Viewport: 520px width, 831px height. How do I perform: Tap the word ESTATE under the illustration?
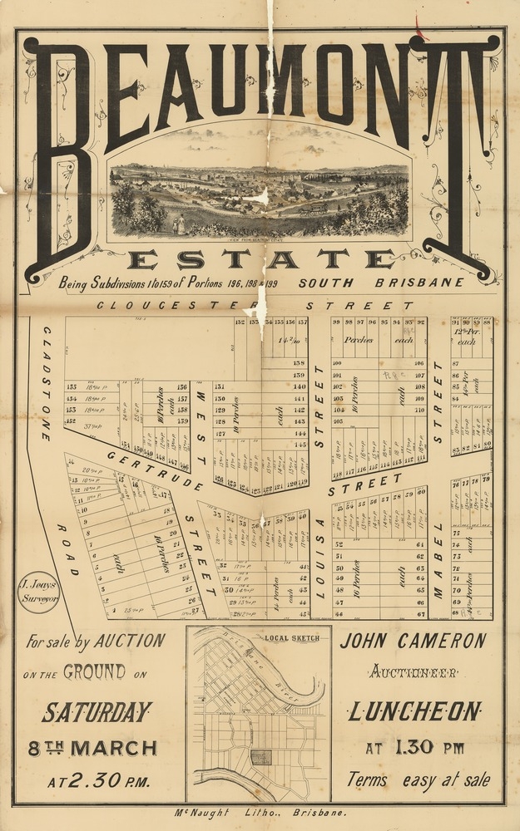coord(260,259)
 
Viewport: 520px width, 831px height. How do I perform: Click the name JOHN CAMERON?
coord(414,641)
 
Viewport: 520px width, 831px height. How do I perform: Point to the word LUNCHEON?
coord(414,711)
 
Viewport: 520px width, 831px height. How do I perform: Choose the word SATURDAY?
coord(97,712)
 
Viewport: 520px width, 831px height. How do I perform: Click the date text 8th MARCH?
coord(92,748)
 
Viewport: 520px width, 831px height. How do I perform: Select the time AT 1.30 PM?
coord(414,748)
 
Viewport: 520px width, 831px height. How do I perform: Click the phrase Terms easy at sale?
coord(418,779)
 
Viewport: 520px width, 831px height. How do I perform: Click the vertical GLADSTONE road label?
coord(47,382)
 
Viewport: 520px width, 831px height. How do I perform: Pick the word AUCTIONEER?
coord(414,671)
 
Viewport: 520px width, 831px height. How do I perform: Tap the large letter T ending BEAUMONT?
coord(460,154)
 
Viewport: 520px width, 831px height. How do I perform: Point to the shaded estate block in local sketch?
coord(260,757)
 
